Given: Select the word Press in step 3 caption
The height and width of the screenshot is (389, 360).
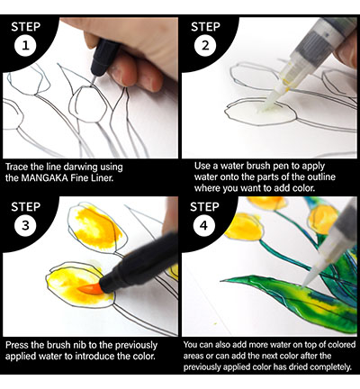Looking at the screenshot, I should click(x=18, y=345).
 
